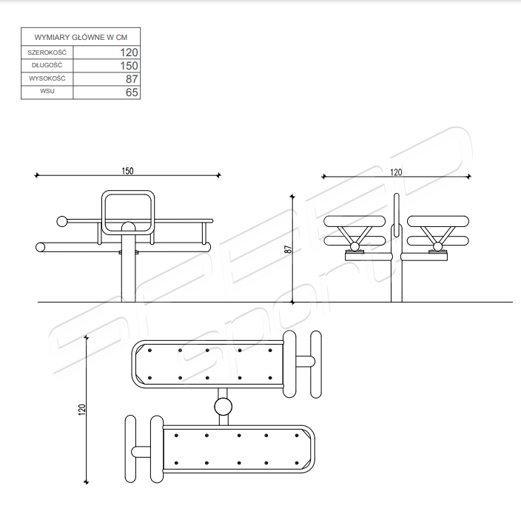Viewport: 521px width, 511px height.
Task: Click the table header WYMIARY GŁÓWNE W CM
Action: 81,37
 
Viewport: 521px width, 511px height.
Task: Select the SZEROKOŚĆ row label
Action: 47,53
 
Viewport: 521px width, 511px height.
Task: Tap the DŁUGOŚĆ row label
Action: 47,65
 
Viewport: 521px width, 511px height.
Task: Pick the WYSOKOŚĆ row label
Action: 47,78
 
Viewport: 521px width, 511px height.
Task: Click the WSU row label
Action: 47,91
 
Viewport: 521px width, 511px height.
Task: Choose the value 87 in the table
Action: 132,79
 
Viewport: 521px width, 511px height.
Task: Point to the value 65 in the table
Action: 132,92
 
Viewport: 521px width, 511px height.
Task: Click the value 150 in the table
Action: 129,66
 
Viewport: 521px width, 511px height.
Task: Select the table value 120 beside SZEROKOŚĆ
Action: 129,53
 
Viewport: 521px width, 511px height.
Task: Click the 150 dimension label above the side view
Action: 127,171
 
